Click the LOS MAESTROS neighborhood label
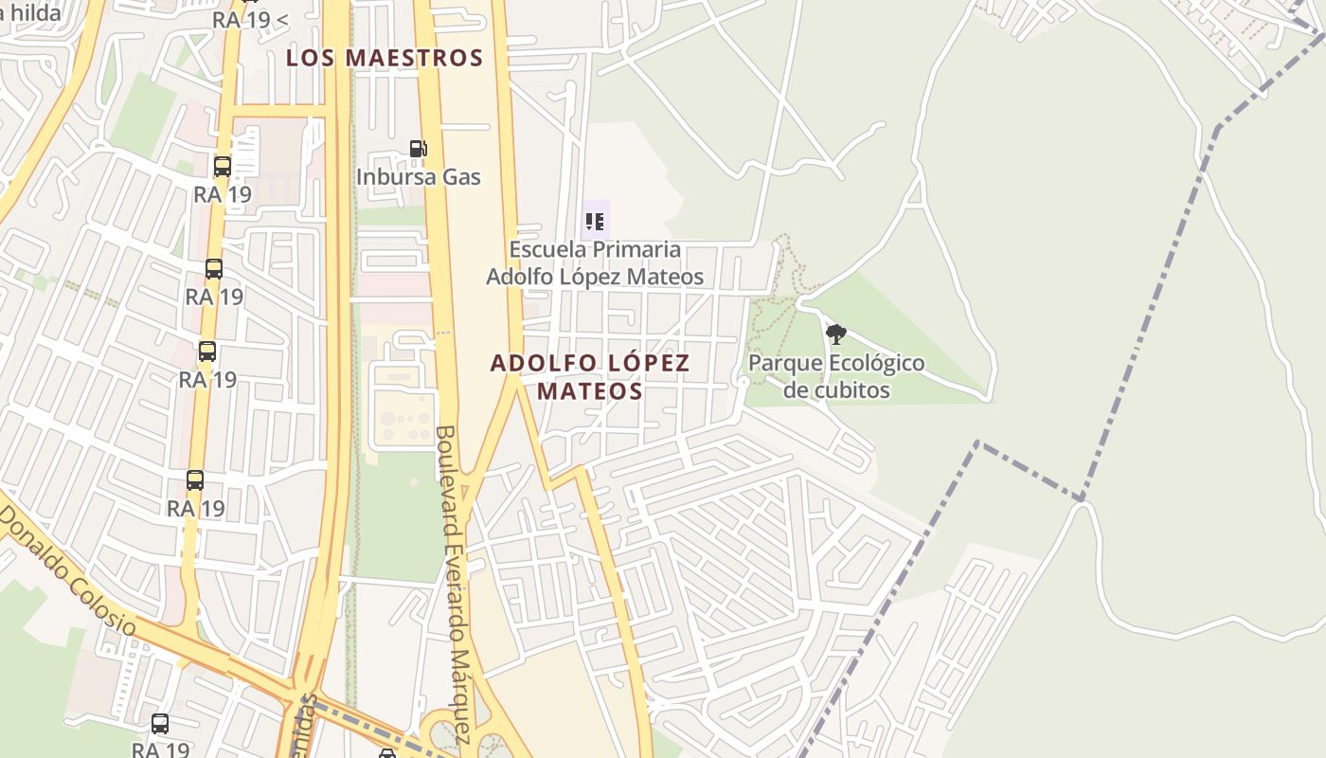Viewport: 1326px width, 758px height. click(385, 58)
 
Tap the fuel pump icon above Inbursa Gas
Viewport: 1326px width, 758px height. click(418, 149)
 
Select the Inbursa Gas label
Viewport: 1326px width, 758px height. click(418, 177)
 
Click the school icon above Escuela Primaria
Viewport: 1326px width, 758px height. click(595, 222)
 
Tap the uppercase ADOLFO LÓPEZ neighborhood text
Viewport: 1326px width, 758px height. click(590, 363)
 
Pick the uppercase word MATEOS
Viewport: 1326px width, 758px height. click(590, 390)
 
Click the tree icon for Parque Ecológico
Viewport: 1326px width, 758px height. click(835, 334)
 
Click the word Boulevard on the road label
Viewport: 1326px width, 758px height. click(446, 471)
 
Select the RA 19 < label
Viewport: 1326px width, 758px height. click(250, 19)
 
